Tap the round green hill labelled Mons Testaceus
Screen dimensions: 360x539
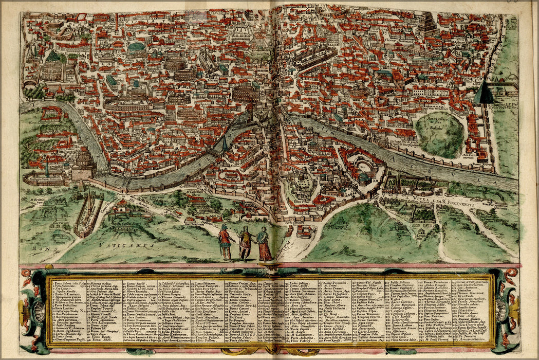click(x=439, y=135)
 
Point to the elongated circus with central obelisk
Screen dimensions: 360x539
click(x=88, y=214)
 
